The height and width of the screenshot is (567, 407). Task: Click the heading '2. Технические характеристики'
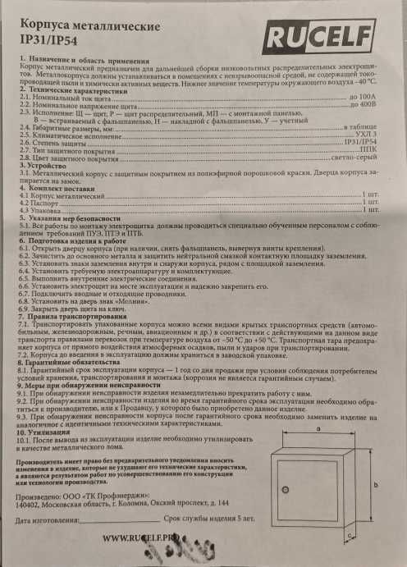coord(75,90)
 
